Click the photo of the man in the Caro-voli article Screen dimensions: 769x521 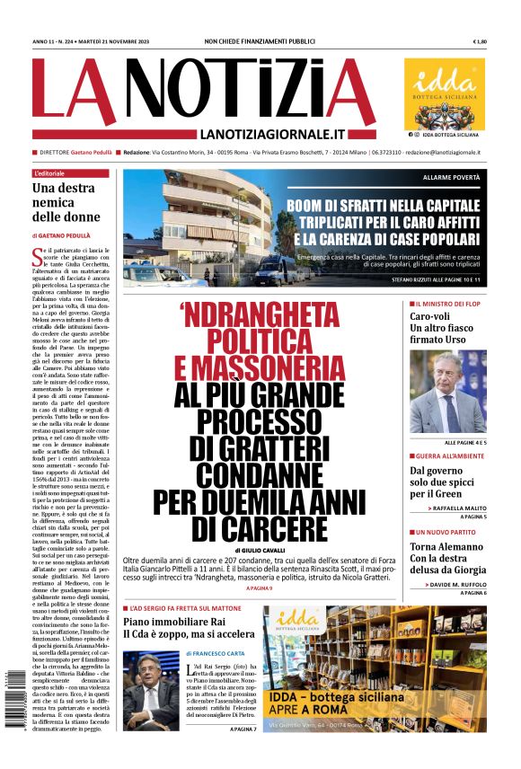coord(447,391)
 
